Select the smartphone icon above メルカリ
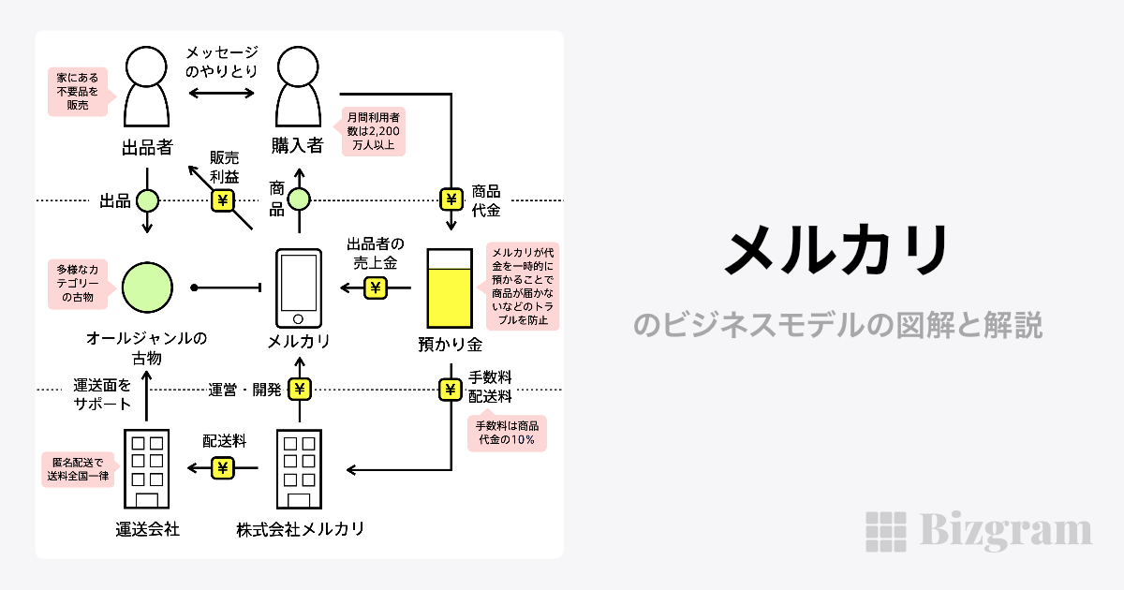click(x=298, y=286)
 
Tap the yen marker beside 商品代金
click(x=451, y=199)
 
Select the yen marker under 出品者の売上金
click(x=375, y=288)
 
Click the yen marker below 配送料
click(x=223, y=468)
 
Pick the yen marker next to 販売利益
click(x=223, y=199)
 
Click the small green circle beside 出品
click(x=147, y=199)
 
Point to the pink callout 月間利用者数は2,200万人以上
click(x=373, y=132)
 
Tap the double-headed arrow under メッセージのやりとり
click(x=222, y=92)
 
